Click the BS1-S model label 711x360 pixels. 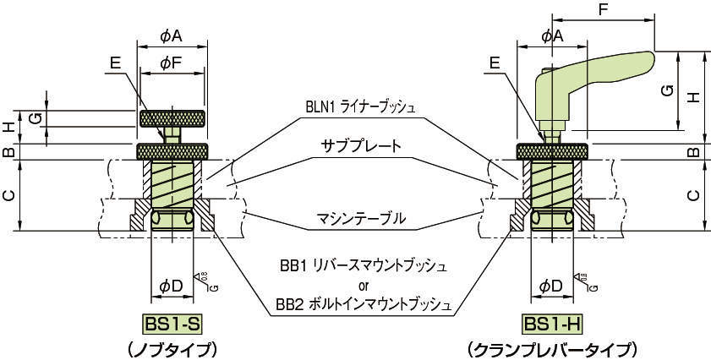172,325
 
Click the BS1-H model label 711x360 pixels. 551,325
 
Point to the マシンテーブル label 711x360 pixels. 362,219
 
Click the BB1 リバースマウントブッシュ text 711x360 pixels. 364,265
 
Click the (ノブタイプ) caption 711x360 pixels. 172,348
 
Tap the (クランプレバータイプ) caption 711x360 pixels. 551,348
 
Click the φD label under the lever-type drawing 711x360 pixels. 551,286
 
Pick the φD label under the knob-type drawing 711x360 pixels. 171,286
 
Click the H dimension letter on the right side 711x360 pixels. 693,97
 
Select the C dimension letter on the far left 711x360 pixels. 8,195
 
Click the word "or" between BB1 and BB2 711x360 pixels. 364,284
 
